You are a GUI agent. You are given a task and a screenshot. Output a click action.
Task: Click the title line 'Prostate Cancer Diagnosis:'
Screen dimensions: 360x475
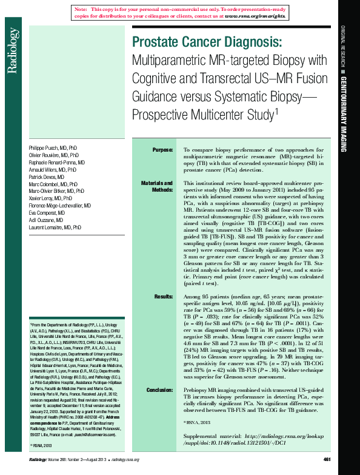pyautogui.click(x=206, y=43)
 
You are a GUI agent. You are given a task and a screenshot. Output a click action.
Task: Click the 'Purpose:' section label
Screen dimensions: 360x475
pyautogui.click(x=162, y=149)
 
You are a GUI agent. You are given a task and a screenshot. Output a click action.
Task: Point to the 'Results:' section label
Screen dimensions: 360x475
pyautogui.click(x=164, y=295)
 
